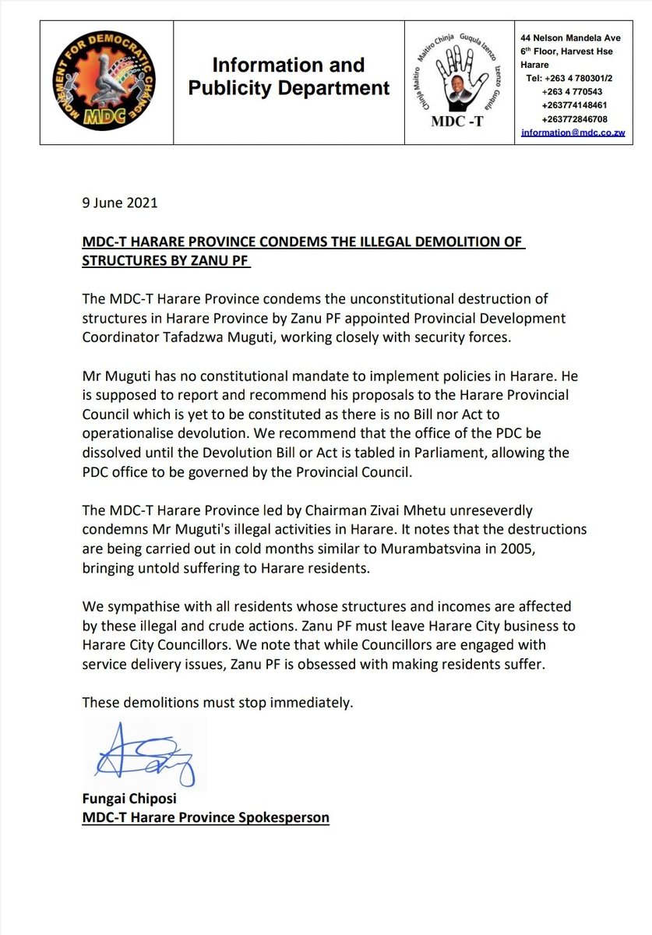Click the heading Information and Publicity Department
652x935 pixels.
tap(288, 76)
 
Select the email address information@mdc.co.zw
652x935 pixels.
tap(575, 133)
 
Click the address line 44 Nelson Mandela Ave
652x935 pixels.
tap(570, 37)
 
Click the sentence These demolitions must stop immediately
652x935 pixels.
tap(218, 702)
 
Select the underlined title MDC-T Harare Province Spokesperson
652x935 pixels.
tap(206, 818)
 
